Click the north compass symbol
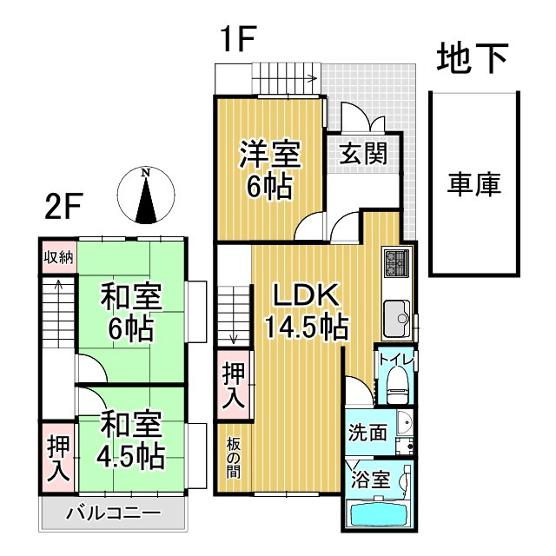click(x=147, y=195)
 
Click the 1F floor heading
click(x=238, y=39)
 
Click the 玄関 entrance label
click(x=362, y=156)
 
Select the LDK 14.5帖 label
click(x=306, y=310)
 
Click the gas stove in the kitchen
click(x=396, y=262)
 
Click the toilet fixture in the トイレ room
click(x=397, y=382)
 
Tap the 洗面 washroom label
click(x=367, y=432)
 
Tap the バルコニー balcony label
click(x=113, y=512)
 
